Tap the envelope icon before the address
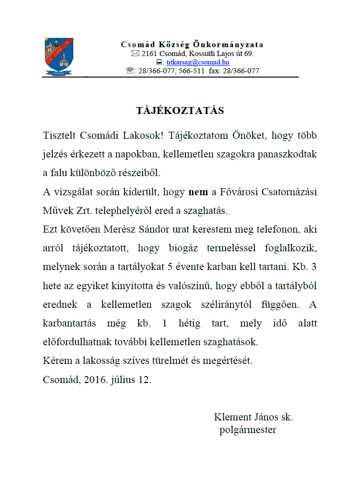point(135,54)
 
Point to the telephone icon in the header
point(130,71)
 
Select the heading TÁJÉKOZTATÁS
point(180,111)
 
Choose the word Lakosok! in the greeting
point(144,136)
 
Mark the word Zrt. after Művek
point(83,211)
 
